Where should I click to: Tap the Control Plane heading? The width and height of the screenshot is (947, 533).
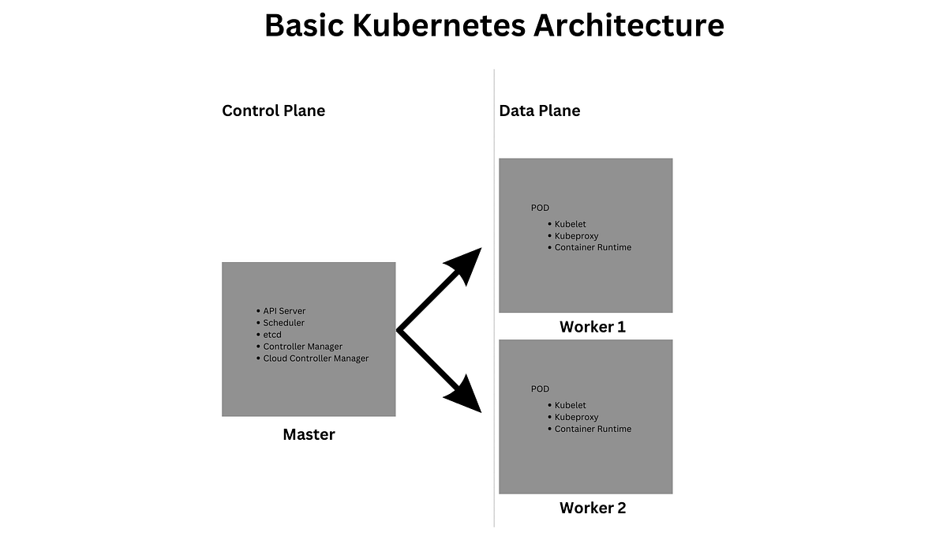[273, 111]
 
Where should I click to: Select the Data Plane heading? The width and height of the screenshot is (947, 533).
[539, 111]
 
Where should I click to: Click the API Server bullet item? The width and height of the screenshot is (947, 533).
[284, 311]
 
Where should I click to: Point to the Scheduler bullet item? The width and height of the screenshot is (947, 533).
[283, 323]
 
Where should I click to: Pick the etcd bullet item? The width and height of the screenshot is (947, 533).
[272, 335]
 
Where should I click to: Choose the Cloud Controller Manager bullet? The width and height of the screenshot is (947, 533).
[316, 358]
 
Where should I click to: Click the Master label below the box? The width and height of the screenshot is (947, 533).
[309, 434]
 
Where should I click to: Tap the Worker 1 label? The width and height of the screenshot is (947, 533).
[593, 327]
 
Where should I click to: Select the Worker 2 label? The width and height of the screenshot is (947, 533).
[593, 508]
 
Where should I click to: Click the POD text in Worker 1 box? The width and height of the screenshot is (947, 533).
[540, 208]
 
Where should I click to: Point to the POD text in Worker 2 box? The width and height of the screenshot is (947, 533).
[540, 389]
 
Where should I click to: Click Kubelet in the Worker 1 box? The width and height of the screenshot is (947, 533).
[570, 224]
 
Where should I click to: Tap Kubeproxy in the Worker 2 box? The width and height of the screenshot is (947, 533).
[576, 417]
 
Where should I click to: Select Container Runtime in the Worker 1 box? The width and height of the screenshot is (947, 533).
[593, 248]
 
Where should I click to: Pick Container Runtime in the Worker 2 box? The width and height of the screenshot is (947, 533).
[593, 429]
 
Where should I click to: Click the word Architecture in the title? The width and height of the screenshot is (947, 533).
[629, 25]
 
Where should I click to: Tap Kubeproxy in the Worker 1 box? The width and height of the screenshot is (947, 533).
[576, 236]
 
